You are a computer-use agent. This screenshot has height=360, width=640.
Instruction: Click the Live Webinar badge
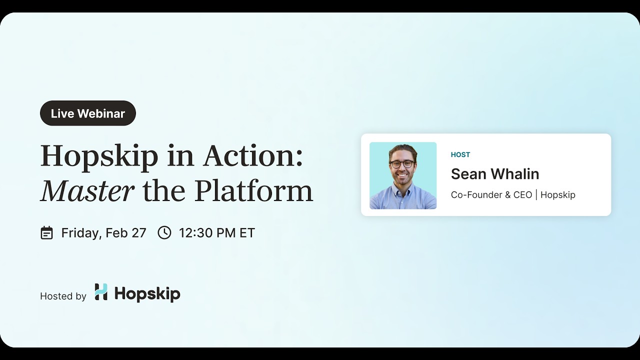click(88, 113)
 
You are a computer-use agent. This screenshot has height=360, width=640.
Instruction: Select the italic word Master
click(87, 191)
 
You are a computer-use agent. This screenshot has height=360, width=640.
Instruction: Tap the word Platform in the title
click(253, 191)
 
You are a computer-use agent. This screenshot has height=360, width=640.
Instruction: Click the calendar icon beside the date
click(46, 233)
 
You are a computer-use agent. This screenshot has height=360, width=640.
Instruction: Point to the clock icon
click(164, 232)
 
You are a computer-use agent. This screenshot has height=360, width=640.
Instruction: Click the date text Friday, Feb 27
click(103, 233)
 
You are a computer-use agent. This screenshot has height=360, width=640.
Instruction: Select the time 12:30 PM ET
click(216, 233)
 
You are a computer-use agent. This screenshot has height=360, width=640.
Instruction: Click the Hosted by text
click(63, 296)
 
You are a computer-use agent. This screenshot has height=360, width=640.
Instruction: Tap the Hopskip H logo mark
click(101, 292)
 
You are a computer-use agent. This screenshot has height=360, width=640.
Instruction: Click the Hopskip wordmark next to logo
click(147, 293)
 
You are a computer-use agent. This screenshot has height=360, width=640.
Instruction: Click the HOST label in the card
click(460, 155)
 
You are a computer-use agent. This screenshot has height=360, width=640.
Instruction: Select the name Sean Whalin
click(494, 174)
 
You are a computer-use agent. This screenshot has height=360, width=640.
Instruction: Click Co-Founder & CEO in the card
click(491, 195)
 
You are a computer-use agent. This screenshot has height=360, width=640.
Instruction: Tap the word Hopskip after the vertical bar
click(557, 195)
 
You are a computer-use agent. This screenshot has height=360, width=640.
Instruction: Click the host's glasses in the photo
click(402, 164)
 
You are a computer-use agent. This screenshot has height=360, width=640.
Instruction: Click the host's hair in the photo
click(402, 149)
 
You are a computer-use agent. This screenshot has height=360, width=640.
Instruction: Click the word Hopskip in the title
click(99, 156)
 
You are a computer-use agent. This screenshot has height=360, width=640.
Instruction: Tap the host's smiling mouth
click(402, 175)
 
